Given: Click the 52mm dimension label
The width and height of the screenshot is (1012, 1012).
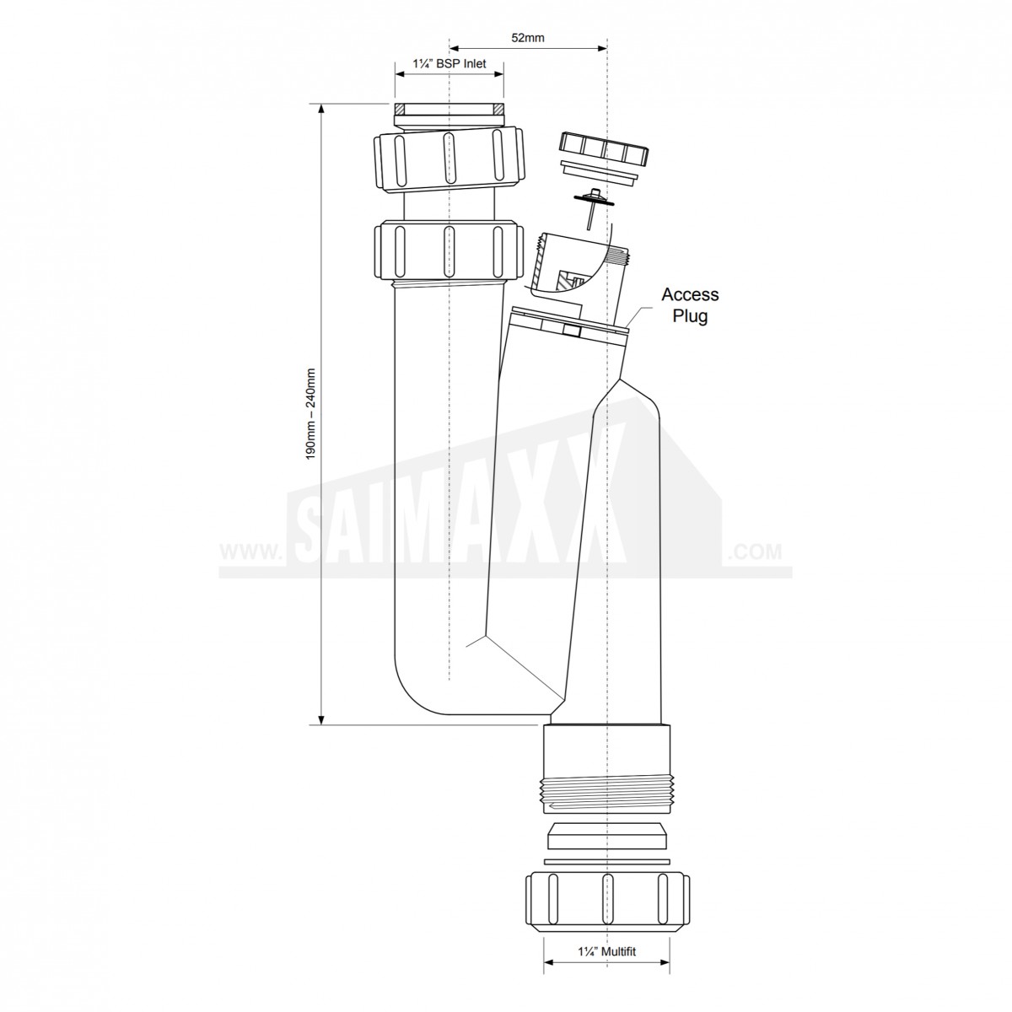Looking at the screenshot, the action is click(528, 38).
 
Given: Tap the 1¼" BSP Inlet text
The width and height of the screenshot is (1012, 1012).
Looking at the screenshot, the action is click(449, 64).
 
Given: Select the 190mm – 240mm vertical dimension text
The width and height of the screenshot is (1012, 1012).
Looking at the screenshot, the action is click(311, 414).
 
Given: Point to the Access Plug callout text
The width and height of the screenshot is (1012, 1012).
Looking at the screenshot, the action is click(690, 305).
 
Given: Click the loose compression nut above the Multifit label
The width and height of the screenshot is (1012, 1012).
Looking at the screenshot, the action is click(607, 898).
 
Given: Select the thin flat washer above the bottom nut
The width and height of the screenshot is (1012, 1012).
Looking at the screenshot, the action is click(607, 861).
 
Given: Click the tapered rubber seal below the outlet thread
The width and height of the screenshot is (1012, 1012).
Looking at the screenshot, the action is click(607, 836).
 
